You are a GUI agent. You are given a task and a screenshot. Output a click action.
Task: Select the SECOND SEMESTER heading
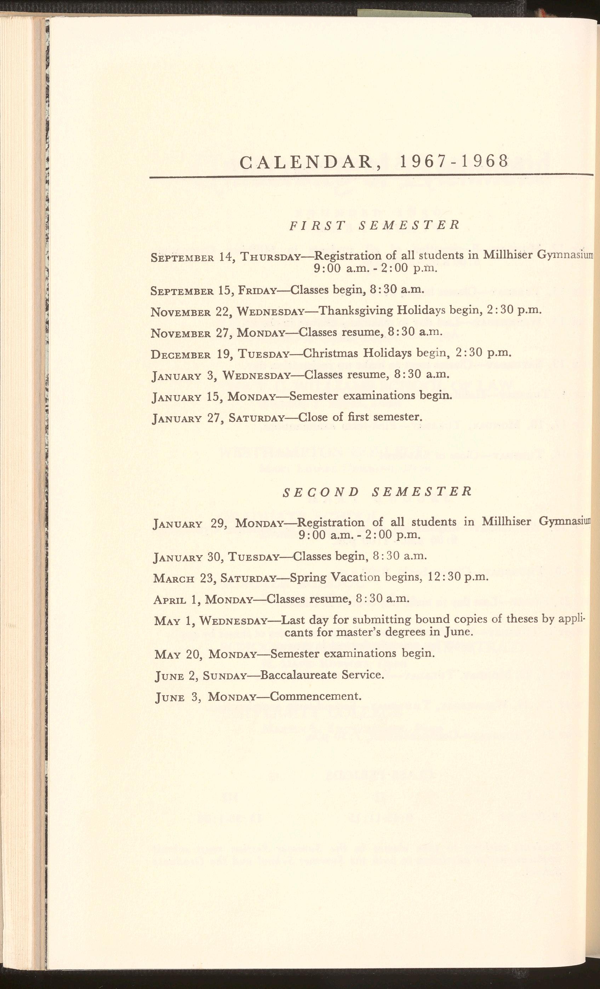[x=377, y=492]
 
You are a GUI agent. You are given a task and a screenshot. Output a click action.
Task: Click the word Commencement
[x=315, y=696]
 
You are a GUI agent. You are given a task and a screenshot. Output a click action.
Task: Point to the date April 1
[x=177, y=600]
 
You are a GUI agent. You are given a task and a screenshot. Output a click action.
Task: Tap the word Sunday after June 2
[x=224, y=676]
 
